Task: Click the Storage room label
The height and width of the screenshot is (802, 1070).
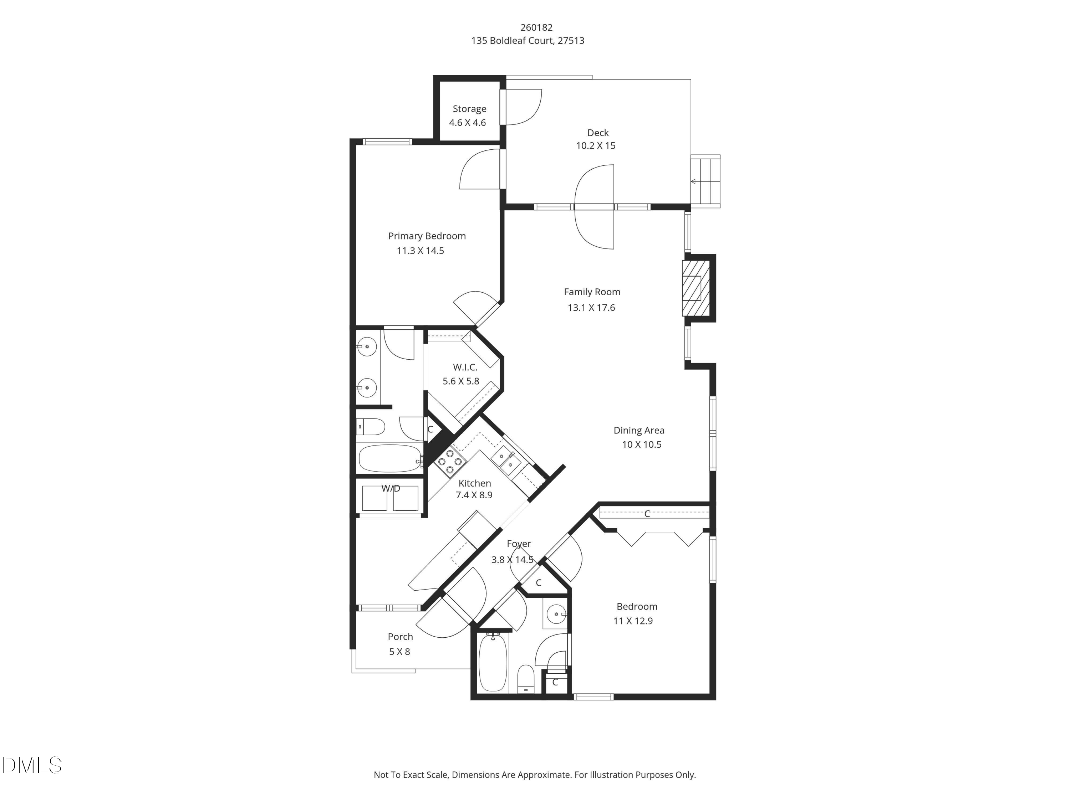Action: click(469, 109)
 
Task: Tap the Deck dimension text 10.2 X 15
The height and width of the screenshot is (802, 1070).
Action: click(596, 145)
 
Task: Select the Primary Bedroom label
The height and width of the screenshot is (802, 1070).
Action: click(427, 236)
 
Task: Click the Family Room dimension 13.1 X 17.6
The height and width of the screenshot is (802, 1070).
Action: click(591, 308)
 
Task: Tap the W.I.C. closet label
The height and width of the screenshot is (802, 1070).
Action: click(465, 367)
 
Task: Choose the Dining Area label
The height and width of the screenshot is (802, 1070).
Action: click(638, 430)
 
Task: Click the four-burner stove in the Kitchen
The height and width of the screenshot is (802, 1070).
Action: click(449, 461)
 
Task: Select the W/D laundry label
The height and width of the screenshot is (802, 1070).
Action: click(390, 488)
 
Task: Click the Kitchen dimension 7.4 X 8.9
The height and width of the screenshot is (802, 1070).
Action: click(474, 495)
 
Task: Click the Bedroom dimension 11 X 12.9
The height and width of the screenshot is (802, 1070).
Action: click(633, 621)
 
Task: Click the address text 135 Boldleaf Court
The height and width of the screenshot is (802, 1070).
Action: click(527, 41)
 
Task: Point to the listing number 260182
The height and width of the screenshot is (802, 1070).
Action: click(536, 27)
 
